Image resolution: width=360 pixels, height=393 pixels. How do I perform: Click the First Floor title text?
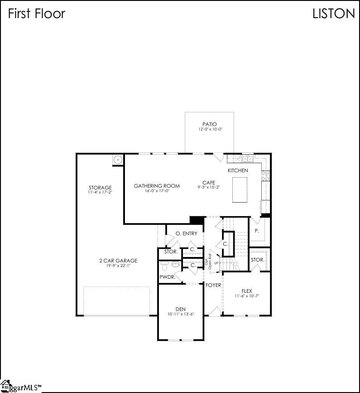click(x=37, y=14)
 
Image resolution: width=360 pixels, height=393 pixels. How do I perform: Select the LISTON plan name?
click(x=334, y=14)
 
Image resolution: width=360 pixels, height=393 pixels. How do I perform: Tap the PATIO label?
click(x=209, y=124)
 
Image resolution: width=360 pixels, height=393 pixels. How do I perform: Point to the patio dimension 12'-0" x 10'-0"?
click(x=209, y=130)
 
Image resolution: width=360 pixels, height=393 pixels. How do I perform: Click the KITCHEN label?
click(x=238, y=170)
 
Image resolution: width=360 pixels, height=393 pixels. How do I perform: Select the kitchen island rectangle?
click(x=240, y=190)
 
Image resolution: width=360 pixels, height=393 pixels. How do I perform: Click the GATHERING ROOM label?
click(x=157, y=186)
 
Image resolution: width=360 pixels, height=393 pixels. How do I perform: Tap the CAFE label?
click(x=209, y=183)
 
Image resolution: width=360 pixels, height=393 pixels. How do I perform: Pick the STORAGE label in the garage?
click(x=100, y=188)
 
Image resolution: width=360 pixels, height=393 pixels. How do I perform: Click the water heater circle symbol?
click(x=118, y=160)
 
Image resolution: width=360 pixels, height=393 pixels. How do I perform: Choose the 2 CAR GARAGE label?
click(x=118, y=261)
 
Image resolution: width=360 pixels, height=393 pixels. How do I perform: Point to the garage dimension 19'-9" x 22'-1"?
click(x=118, y=266)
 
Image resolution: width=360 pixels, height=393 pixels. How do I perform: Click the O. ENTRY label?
click(x=187, y=233)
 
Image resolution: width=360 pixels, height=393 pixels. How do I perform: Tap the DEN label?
click(x=181, y=309)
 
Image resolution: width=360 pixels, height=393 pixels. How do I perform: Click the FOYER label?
click(x=213, y=285)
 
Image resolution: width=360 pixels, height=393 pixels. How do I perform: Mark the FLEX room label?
click(x=247, y=291)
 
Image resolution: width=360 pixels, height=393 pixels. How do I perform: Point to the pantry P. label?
click(x=257, y=231)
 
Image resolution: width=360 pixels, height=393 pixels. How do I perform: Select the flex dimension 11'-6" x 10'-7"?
click(x=247, y=296)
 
